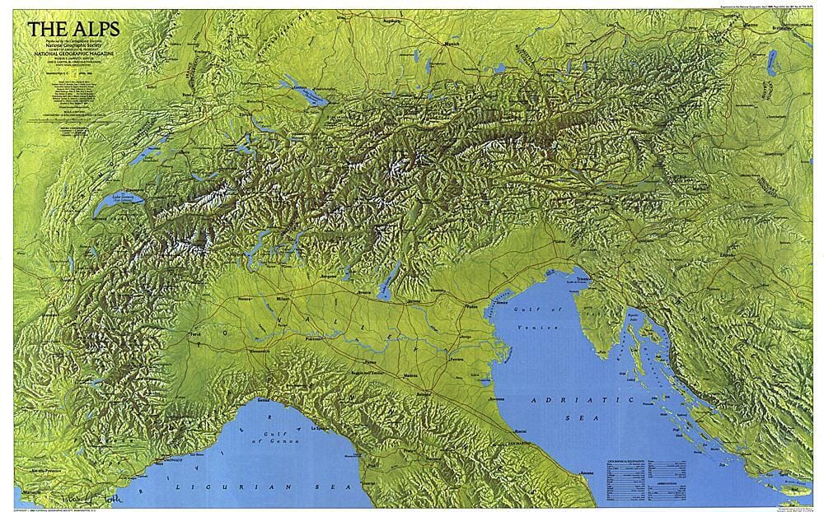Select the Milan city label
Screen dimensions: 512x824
[284, 298]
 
